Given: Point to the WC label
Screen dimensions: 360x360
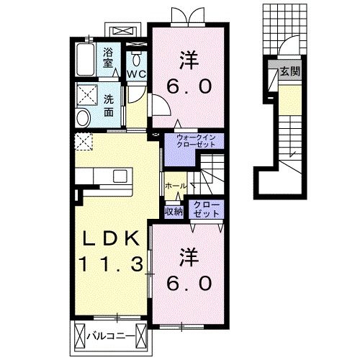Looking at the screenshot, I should pyautogui.click(x=137, y=74).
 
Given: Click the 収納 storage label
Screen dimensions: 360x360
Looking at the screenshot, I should pyautogui.click(x=173, y=211).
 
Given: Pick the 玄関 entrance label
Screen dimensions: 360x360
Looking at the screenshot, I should pyautogui.click(x=289, y=71).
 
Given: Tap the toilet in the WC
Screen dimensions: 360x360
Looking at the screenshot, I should pyautogui.click(x=137, y=58).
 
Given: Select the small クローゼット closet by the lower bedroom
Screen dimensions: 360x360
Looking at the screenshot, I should pyautogui.click(x=206, y=210).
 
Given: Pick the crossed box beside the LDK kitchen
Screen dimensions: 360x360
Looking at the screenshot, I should pyautogui.click(x=84, y=142).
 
